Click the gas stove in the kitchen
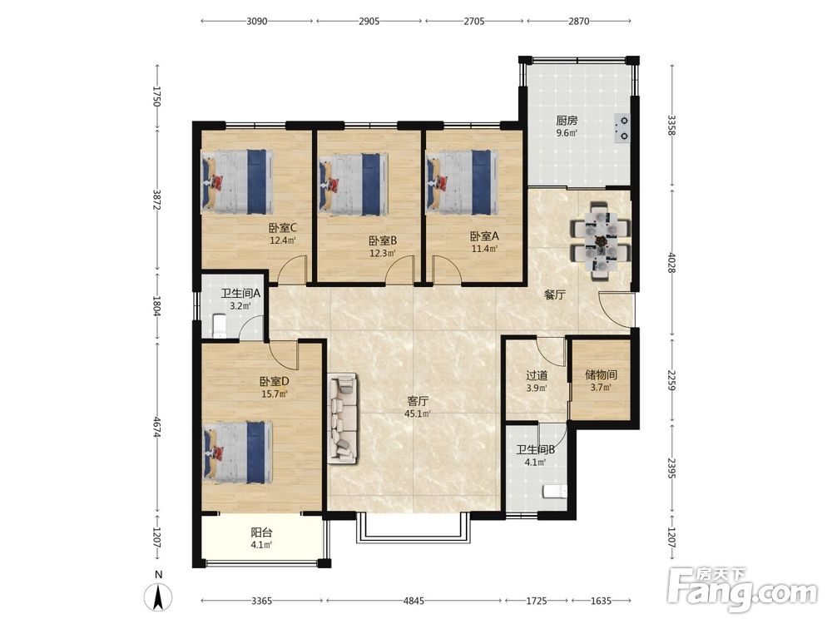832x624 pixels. pyautogui.click(x=622, y=129)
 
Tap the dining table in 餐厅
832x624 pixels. pyautogui.click(x=601, y=241)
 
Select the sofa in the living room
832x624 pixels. pyautogui.click(x=342, y=418)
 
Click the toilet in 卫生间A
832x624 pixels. pyautogui.click(x=219, y=324)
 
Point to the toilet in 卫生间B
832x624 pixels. pyautogui.click(x=554, y=492)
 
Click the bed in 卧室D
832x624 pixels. pyautogui.click(x=238, y=452)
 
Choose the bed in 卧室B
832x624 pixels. pyautogui.click(x=352, y=184)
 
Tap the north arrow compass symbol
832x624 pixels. pyautogui.click(x=158, y=595)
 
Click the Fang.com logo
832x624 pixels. pyautogui.click(x=742, y=588)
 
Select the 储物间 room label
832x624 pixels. pyautogui.click(x=601, y=374)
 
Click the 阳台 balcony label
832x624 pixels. pyautogui.click(x=261, y=532)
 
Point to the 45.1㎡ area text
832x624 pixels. pyautogui.click(x=417, y=414)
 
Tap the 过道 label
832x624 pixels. pyautogui.click(x=537, y=375)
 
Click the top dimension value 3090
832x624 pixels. pyautogui.click(x=257, y=22)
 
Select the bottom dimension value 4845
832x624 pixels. pyautogui.click(x=414, y=601)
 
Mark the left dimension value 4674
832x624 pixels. pyautogui.click(x=157, y=427)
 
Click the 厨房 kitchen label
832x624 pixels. pyautogui.click(x=566, y=121)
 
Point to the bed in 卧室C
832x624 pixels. pyautogui.click(x=237, y=181)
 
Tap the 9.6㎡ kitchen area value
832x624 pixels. pyautogui.click(x=566, y=133)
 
